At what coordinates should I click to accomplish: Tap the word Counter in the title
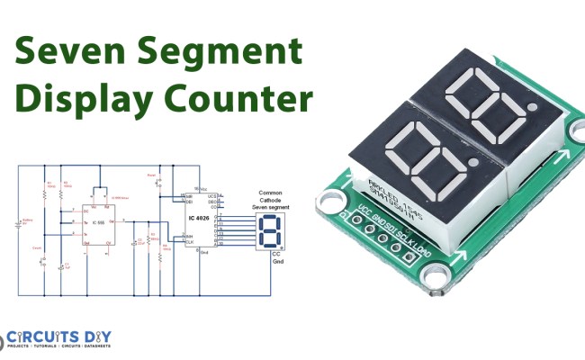(238, 97)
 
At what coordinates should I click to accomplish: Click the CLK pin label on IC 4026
(190, 242)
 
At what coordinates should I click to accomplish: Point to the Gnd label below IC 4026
(204, 254)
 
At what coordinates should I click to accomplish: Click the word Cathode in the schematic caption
(270, 202)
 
